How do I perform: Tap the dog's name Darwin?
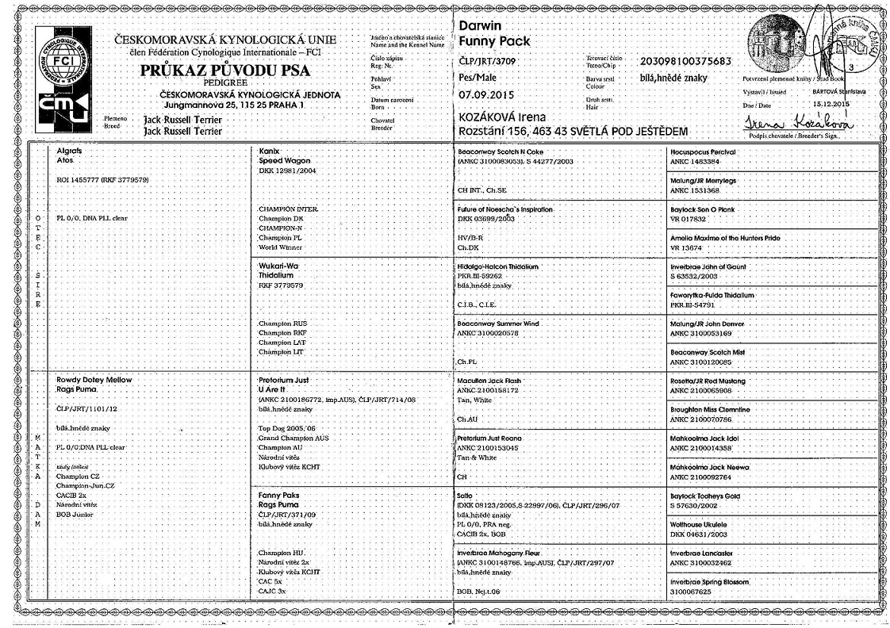(x=480, y=26)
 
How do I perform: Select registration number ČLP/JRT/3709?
(x=489, y=61)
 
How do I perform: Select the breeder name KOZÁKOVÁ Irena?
(x=502, y=117)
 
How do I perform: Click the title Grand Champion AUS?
(x=293, y=438)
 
